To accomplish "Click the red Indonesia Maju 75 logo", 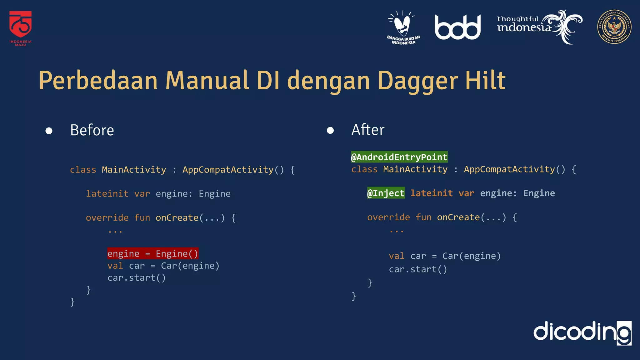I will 20,28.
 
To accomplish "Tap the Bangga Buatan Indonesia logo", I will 403,27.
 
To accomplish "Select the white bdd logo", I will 457,27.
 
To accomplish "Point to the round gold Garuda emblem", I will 614,27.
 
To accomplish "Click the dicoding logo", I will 582,332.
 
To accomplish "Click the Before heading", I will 92,130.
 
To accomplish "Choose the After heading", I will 368,130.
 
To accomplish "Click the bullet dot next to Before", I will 49,131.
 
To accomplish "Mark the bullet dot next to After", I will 330,130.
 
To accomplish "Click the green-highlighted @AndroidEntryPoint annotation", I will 399,157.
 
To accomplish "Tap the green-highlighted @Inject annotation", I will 386,193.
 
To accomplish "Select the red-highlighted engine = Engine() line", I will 153,253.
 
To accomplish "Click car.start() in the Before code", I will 137,277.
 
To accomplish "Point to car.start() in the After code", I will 418,269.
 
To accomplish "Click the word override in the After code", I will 388,217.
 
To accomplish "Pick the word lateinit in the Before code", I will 107,194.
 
